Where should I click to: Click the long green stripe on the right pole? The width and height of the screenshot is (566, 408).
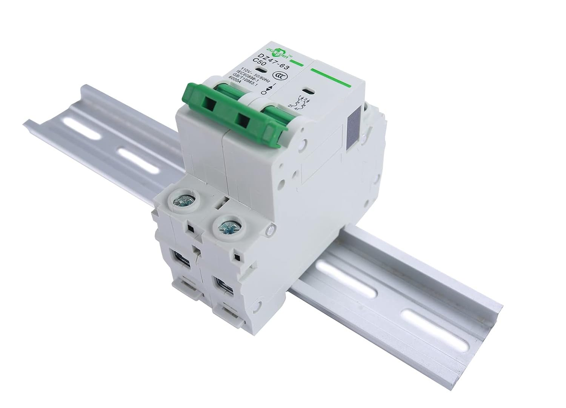pos(332,77)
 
